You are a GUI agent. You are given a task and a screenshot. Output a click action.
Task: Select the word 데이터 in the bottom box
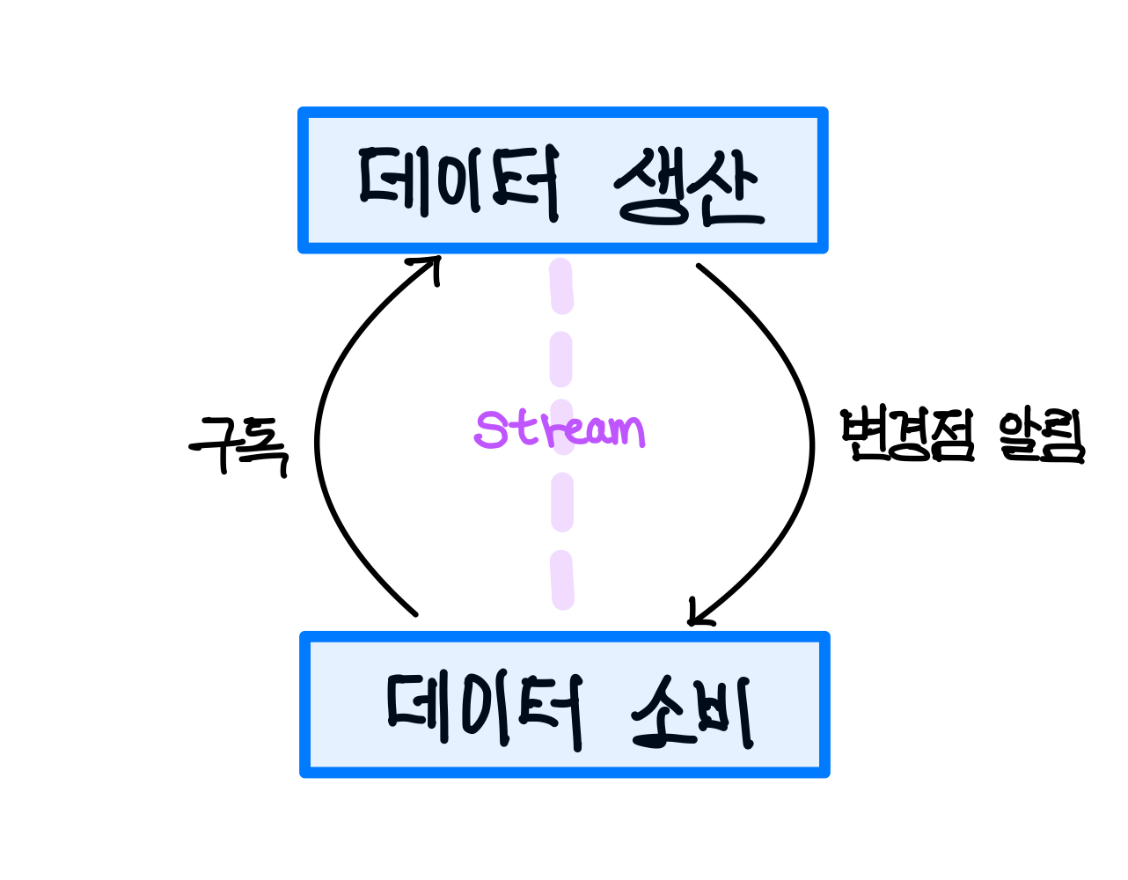[x=484, y=711]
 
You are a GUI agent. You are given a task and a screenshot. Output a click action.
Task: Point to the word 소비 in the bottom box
[x=692, y=711]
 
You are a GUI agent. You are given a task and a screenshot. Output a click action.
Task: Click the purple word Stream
[x=560, y=429]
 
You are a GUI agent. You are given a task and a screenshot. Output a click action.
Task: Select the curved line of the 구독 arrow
[x=319, y=440]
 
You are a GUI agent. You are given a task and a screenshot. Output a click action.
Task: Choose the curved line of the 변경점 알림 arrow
[x=809, y=440]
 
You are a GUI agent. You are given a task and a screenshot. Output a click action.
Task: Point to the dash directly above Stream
[x=561, y=361]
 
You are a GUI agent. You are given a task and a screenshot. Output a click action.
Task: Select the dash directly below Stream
[x=562, y=502]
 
